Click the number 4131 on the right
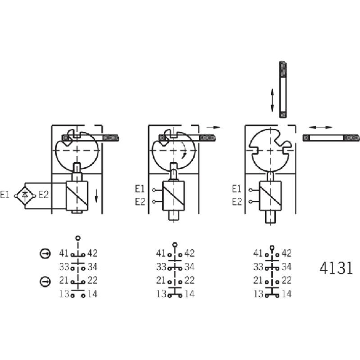point(336,268)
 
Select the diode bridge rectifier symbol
point(25,196)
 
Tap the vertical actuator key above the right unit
point(283,90)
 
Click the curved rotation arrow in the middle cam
point(184,150)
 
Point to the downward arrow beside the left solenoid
point(96,196)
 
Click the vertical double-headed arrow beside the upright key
point(272,100)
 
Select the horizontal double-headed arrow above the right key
point(321,127)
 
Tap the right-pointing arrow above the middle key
point(213,127)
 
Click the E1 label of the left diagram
point(4,195)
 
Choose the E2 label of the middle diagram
point(140,202)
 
